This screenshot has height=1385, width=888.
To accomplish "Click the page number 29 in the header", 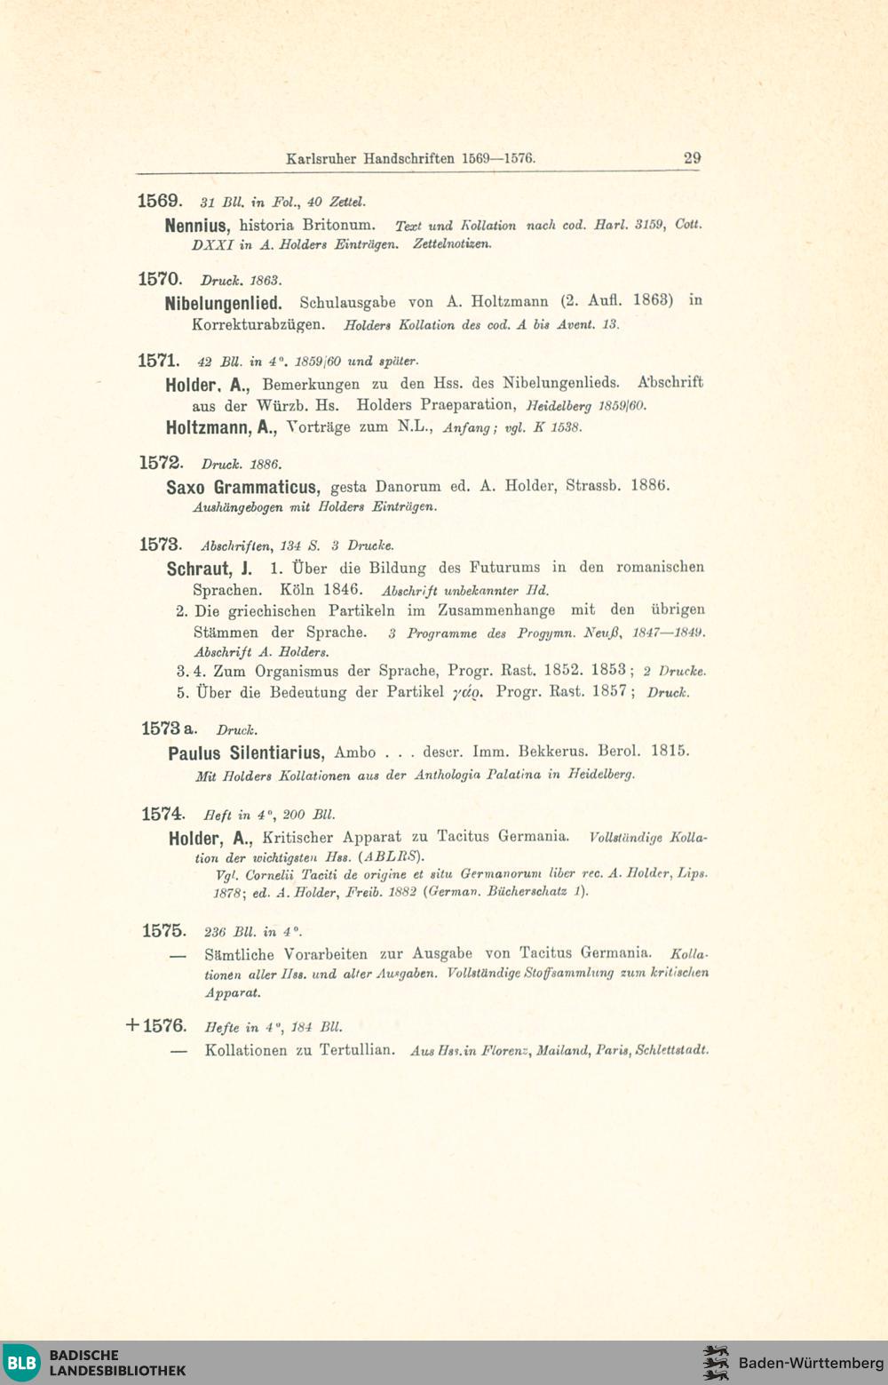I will pos(692,158).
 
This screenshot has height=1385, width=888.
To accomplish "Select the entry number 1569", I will pos(160,202).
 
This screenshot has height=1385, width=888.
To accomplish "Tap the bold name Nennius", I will pos(197,226).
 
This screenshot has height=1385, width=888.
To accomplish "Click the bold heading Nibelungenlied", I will pos(223,303).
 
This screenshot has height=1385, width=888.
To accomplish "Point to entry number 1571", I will pos(159,361).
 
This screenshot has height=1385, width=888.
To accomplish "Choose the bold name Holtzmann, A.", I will pos(221,427).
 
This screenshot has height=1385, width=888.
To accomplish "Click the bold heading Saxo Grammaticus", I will pos(242,487).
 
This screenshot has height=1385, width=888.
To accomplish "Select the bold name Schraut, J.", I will pos(209,569).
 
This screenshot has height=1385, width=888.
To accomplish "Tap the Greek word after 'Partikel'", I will pos(468,692).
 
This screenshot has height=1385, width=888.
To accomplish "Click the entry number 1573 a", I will pos(169,728).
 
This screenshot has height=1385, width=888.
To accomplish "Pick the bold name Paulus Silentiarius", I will pos(245,753).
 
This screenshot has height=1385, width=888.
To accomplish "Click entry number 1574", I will pos(163,814).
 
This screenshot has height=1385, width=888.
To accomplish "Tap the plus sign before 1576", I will pos(133,1025).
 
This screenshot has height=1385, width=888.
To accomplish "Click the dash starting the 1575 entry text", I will pos(178,956).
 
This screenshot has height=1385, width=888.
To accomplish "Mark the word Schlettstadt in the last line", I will pos(672,1050).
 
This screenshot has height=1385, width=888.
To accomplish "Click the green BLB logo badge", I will pos(21,1362).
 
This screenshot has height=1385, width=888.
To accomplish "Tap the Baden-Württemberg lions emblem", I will pos(716,1363).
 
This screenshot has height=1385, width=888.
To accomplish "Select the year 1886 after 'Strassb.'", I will pos(650,485).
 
